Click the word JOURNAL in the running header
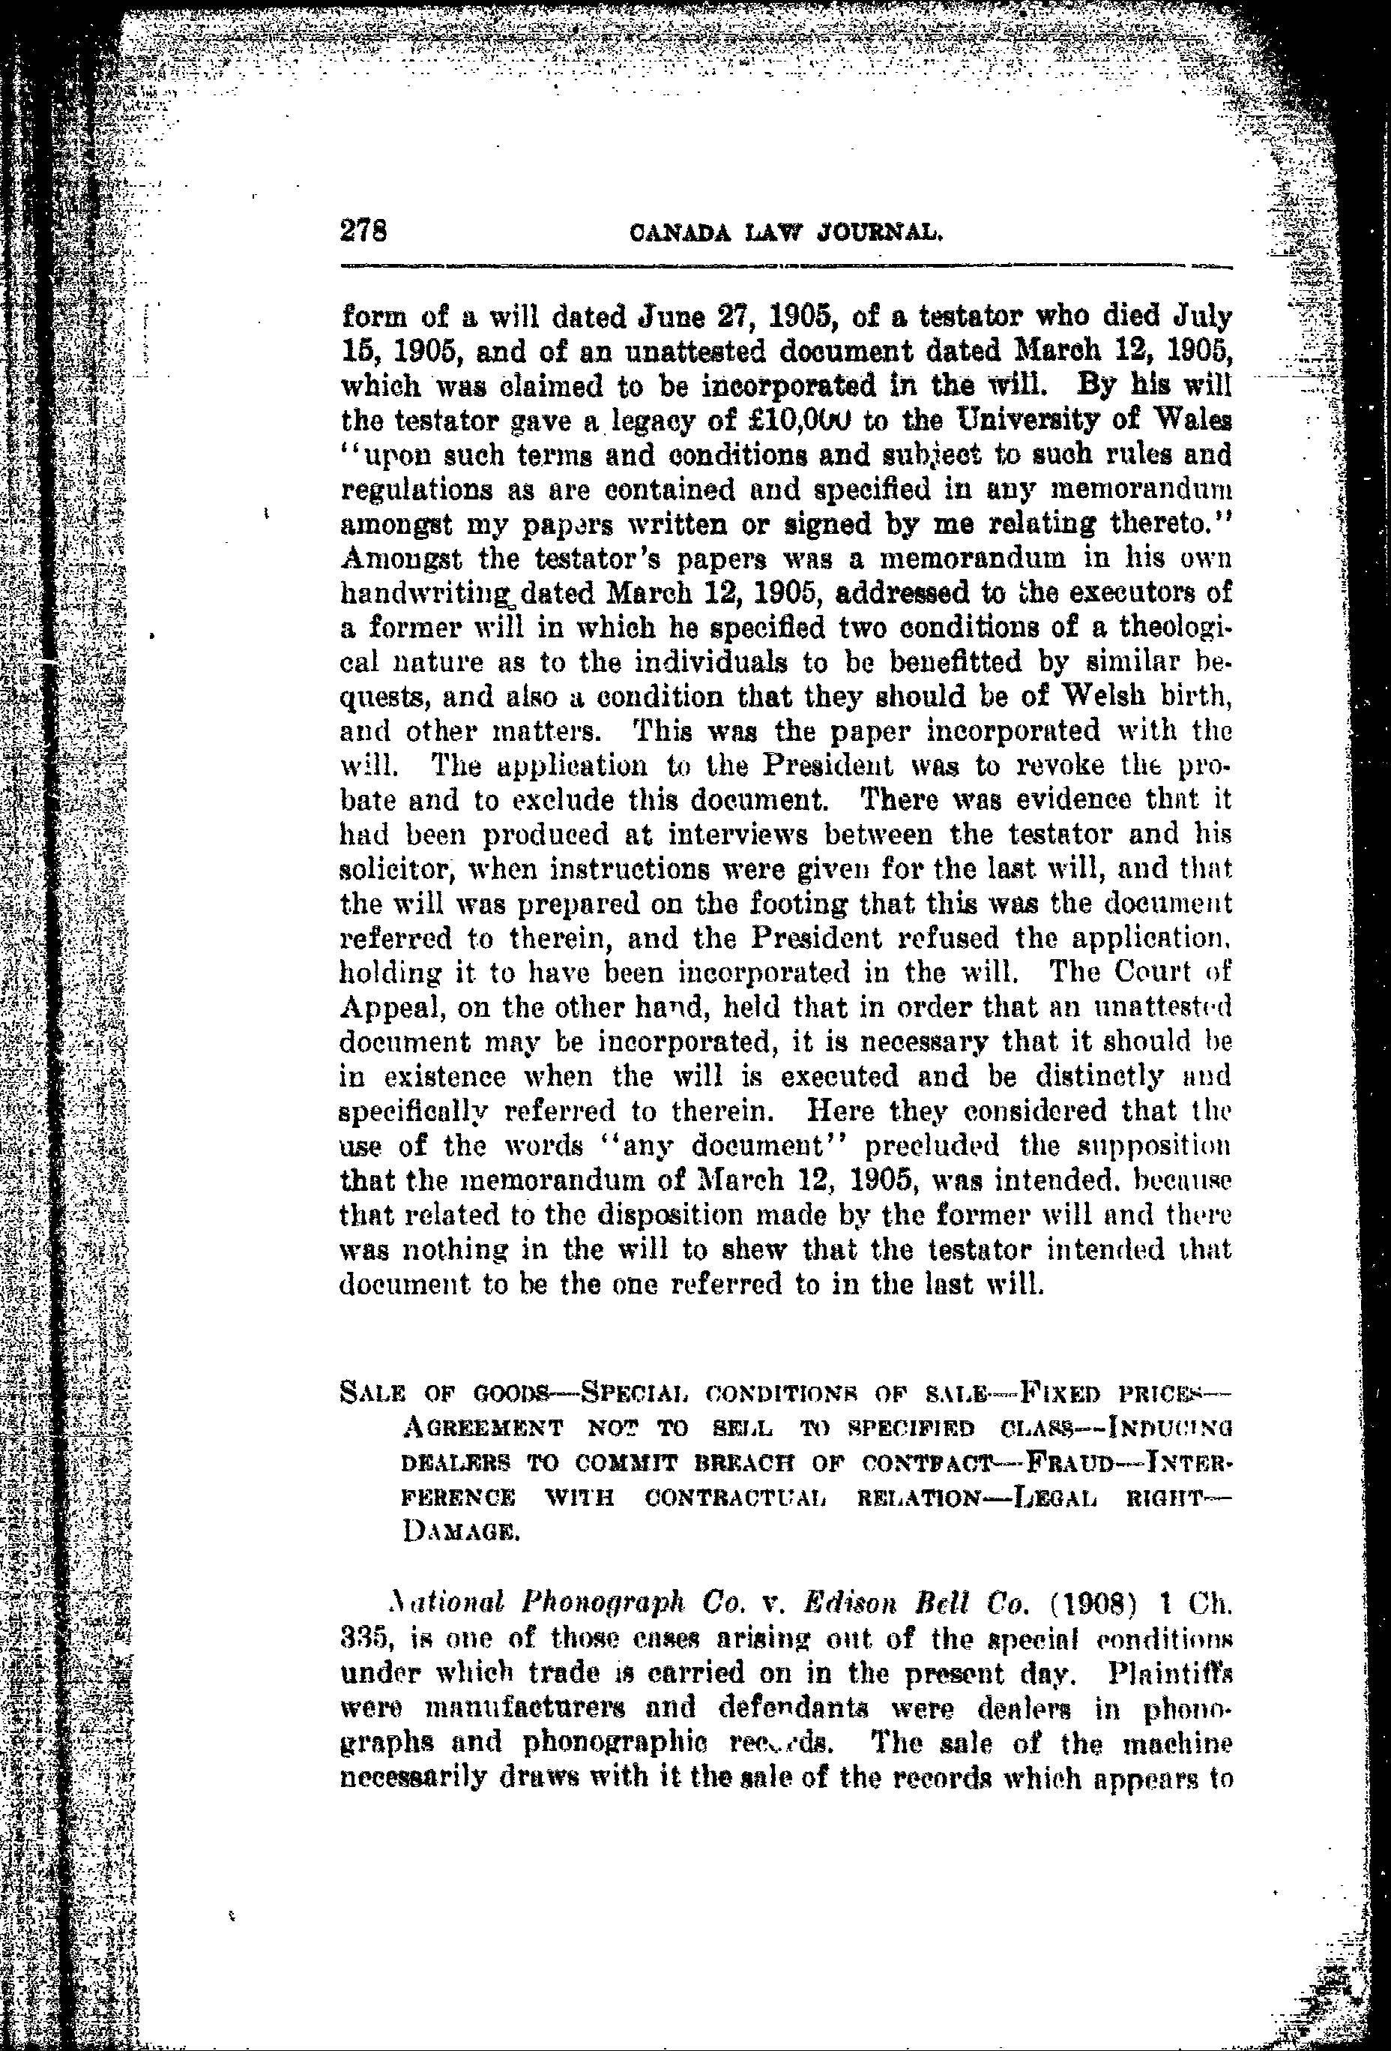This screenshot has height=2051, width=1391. [x=882, y=235]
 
